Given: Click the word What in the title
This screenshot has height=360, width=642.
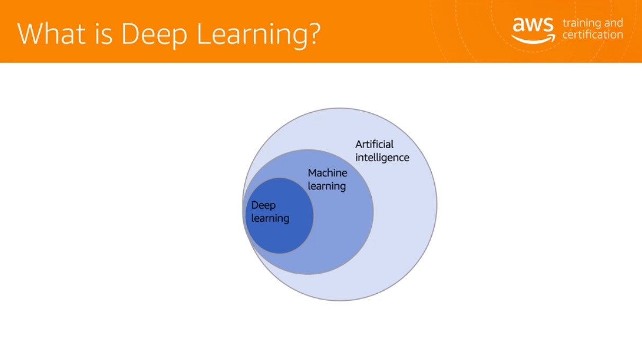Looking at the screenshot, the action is (51, 33).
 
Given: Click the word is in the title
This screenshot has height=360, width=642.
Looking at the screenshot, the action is (103, 33).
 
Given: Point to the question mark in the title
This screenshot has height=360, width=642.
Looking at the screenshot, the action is (313, 33).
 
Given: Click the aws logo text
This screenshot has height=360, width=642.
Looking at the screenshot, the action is (533, 25).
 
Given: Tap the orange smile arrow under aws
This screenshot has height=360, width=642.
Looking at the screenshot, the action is (533, 40).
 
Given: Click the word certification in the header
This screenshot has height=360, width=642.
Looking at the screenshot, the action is (593, 34).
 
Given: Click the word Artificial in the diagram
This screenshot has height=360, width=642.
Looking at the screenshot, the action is (374, 144).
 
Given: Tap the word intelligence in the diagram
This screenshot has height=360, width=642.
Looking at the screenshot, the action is (382, 158).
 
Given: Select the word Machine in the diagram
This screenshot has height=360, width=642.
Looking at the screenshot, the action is (327, 173).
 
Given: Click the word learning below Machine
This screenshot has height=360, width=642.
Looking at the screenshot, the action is (327, 186).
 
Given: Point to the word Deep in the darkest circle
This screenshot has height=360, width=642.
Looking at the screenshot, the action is (263, 206).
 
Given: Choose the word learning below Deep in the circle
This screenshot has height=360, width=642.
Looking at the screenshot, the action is (270, 219).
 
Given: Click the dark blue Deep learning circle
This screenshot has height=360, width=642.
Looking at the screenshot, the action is (280, 238).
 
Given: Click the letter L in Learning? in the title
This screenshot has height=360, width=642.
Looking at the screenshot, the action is (203, 33).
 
